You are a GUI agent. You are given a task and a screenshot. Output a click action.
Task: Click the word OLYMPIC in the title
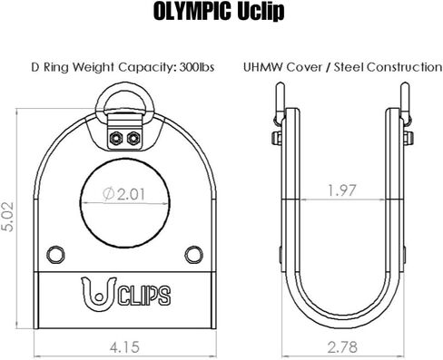coord(193,12)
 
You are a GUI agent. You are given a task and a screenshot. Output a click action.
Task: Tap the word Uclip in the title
coord(261,12)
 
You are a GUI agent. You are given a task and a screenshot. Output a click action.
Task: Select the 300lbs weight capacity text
coord(197,67)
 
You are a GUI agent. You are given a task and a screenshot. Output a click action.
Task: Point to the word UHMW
coord(263,67)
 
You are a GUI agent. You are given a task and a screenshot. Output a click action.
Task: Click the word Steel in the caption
coord(349,67)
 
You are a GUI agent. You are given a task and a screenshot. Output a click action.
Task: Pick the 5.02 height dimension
coord(8,217)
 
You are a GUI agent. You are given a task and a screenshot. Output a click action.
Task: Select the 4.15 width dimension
coord(124,347)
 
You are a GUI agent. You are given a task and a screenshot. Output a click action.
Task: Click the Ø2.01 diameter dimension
coord(123,194)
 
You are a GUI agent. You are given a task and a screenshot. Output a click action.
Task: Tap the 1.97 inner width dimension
coord(342,190)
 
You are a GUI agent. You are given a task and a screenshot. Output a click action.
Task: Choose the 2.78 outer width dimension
coord(342,347)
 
